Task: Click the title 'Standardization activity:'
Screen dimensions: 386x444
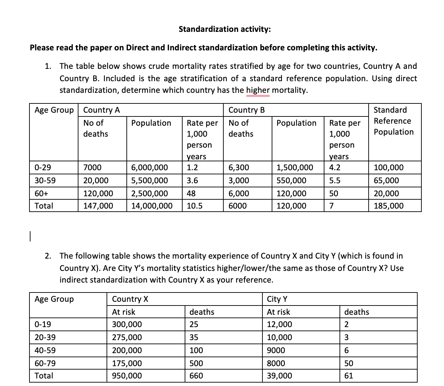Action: [224, 29]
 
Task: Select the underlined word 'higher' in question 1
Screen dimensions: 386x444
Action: [258, 90]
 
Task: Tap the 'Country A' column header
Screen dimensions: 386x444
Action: [101, 110]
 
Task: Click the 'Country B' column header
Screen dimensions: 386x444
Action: [246, 110]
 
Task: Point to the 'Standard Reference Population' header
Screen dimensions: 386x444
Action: [393, 121]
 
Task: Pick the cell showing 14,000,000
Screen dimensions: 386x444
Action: [152, 206]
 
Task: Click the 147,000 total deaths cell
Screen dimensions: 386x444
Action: [98, 206]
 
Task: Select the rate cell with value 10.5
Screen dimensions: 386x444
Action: [195, 206]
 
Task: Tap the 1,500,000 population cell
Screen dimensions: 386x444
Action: [295, 167]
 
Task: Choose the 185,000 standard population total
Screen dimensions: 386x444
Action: [388, 206]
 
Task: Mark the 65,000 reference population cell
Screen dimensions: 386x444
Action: [386, 180]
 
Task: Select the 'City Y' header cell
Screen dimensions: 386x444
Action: [277, 299]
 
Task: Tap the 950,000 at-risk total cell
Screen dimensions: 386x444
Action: [127, 376]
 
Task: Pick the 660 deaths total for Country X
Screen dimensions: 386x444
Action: [196, 376]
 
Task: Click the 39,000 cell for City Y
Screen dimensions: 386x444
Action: [279, 376]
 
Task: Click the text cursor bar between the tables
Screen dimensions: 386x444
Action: [30, 237]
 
